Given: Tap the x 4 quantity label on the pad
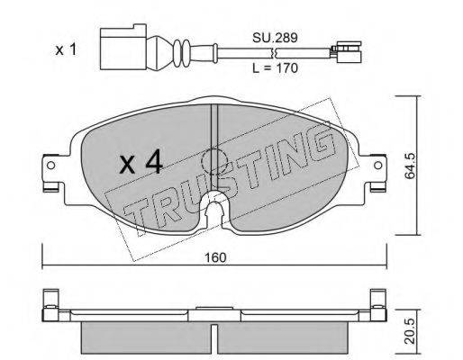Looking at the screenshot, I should [x=141, y=163].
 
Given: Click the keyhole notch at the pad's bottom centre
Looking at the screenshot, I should [x=213, y=212].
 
